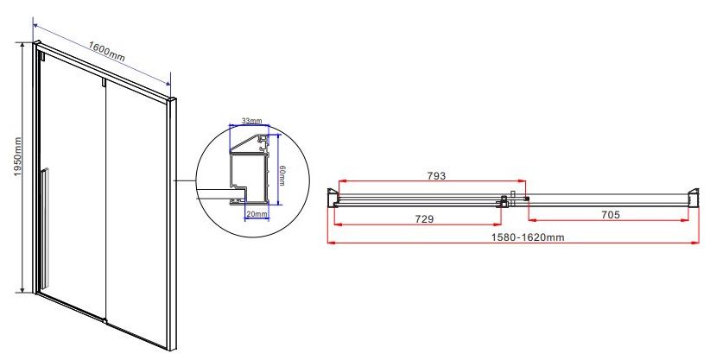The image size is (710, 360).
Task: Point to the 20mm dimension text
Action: point(256,213)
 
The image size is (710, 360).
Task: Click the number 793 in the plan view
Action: point(436,175)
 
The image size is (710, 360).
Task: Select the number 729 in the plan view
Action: point(424,219)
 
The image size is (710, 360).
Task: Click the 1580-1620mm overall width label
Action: point(515,237)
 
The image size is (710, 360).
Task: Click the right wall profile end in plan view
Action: point(693,199)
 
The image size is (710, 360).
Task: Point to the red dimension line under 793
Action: point(432,183)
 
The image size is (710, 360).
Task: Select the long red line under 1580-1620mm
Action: point(515,245)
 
